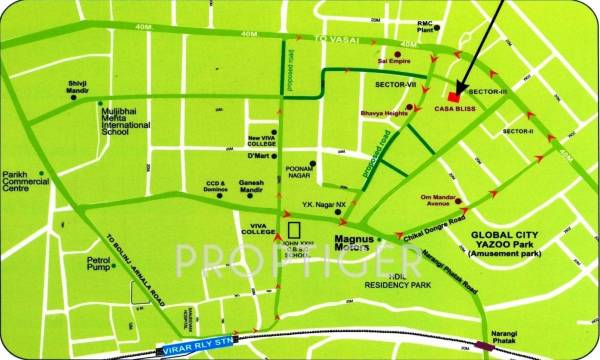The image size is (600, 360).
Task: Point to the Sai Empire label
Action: [x=394, y=59]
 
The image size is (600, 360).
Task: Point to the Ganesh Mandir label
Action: [x=260, y=186]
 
